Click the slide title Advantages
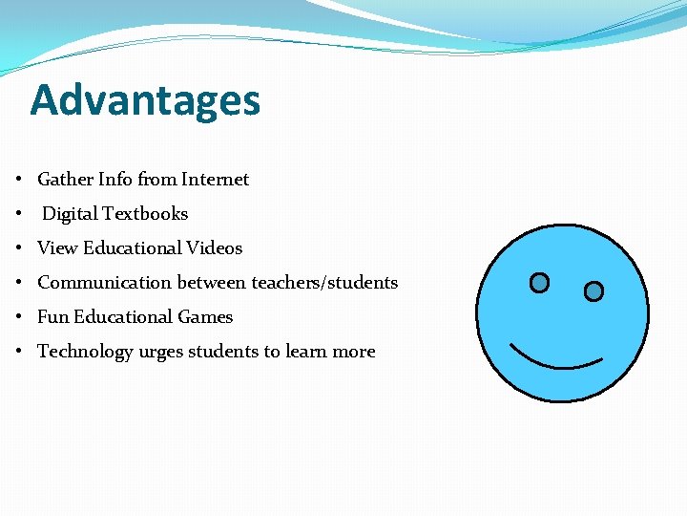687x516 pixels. tap(145, 100)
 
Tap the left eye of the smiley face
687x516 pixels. tap(539, 283)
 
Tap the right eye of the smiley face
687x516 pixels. tap(593, 291)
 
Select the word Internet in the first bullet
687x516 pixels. tap(215, 180)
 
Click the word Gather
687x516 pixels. tap(65, 180)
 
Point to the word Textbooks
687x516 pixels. tap(145, 214)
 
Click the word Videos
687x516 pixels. tap(215, 248)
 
